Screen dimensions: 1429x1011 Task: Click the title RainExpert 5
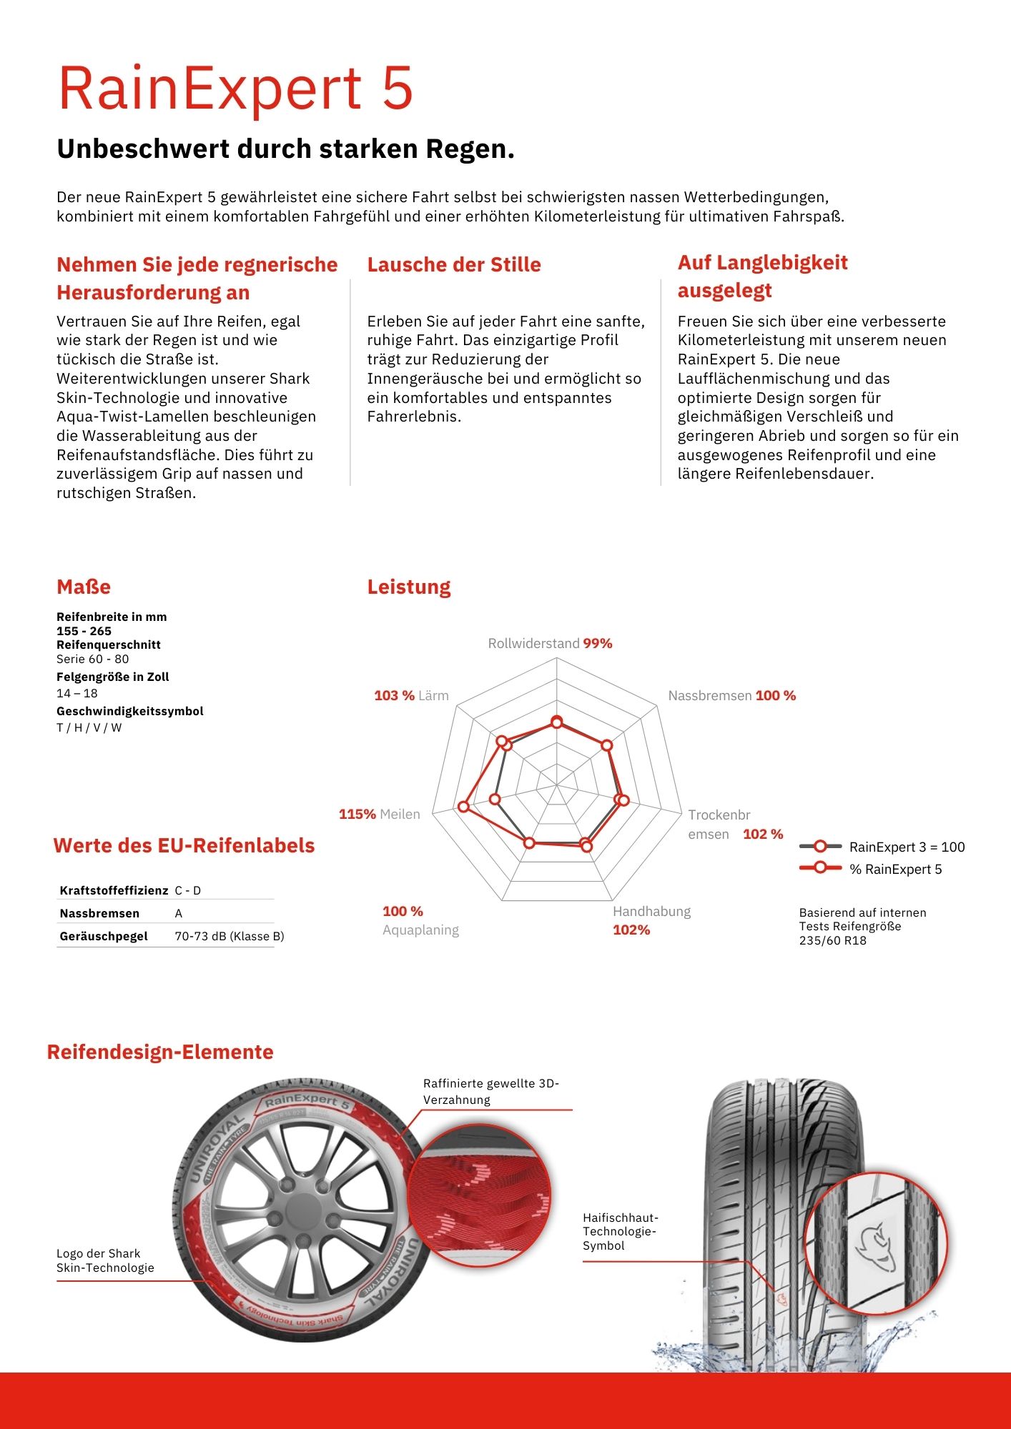[235, 89]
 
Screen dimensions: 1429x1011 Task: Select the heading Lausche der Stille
[454, 264]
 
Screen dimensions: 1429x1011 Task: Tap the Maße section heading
[84, 587]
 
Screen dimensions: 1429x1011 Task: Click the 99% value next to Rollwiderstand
[598, 643]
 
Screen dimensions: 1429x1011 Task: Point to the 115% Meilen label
[379, 814]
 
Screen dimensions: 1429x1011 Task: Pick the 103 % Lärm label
[411, 695]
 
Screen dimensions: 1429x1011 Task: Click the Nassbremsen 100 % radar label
[731, 695]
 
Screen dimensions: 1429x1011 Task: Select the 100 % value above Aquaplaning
[403, 911]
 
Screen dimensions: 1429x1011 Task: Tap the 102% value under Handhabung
[631, 930]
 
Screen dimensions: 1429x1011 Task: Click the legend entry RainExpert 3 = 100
[907, 847]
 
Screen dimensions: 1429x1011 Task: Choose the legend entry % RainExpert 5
[895, 869]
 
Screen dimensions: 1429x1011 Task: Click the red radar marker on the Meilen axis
[463, 807]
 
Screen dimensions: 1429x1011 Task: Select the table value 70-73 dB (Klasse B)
[229, 936]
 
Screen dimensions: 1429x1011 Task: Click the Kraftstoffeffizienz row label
[114, 890]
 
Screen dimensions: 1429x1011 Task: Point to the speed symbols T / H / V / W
[89, 727]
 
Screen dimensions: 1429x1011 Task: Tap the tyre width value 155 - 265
[84, 631]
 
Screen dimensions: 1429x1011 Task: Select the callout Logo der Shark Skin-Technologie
[105, 1260]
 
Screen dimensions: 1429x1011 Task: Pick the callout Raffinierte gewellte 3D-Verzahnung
[491, 1091]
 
